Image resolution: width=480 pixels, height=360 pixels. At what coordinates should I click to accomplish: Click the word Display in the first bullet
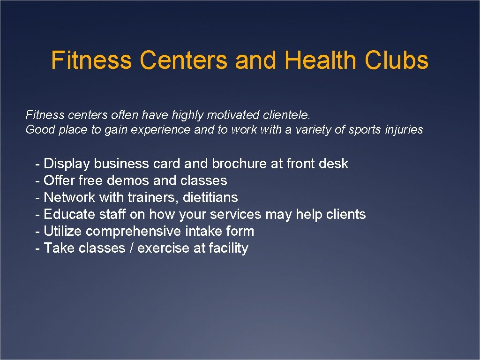[67, 164]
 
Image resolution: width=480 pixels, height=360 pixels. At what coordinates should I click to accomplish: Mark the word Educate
[70, 214]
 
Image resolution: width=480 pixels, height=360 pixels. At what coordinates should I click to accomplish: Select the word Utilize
[63, 231]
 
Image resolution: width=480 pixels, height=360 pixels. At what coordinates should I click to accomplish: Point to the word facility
[228, 248]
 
